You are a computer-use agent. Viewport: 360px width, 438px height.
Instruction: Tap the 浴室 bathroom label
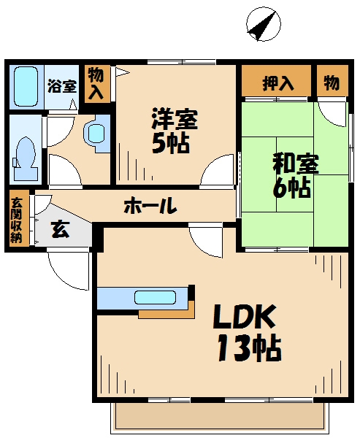tap(62, 86)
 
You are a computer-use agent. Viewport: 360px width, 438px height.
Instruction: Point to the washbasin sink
tap(96, 134)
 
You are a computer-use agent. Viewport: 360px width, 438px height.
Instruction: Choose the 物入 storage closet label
tap(96, 82)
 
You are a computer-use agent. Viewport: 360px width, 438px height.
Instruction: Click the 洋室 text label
tap(175, 118)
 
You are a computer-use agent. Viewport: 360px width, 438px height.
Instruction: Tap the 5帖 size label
tap(172, 142)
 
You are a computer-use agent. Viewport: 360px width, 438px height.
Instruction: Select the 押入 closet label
tap(277, 83)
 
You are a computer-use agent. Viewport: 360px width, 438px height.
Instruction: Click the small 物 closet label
tap(331, 83)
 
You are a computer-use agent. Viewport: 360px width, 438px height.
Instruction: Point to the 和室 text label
tap(294, 162)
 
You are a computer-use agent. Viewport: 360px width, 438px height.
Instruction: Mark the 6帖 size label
tap(291, 188)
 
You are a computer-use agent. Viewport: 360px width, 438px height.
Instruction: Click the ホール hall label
tap(150, 207)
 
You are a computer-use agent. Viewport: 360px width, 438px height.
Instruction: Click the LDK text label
tap(245, 318)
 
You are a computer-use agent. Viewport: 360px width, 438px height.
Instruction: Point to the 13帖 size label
tap(248, 349)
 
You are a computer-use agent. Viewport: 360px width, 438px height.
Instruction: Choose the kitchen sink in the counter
tap(156, 298)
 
